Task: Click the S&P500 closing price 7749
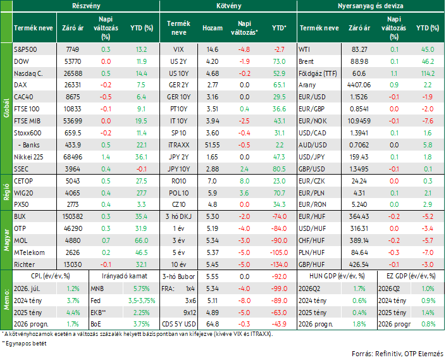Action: [73, 49]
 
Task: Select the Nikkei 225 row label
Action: [28, 157]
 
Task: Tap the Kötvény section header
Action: [228, 6]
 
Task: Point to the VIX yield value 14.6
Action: [212, 49]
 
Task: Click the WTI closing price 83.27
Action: [359, 49]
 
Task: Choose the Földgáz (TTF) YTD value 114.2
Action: [428, 73]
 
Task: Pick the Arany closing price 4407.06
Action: [359, 85]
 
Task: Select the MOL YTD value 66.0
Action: [141, 240]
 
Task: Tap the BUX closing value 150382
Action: [73, 216]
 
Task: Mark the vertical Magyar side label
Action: [6, 240]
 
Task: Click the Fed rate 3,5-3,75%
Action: [141, 301]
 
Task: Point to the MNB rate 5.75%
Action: [141, 289]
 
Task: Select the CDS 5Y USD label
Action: [178, 324]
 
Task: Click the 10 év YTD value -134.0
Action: [279, 264]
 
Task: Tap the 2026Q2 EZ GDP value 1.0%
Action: [428, 289]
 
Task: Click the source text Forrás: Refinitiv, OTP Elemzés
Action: [397, 354]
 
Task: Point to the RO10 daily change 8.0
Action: [244, 181]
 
